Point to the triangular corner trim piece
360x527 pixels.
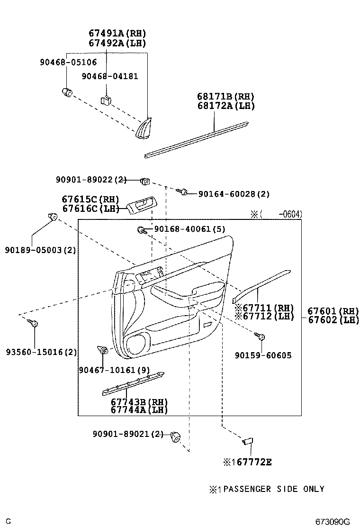pos(144,129)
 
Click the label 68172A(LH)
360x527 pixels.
pos(226,106)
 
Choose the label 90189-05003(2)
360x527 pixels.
pos(41,250)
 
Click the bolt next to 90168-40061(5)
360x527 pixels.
pos(141,230)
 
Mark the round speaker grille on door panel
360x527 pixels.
pos(138,343)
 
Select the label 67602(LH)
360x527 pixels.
pos(333,320)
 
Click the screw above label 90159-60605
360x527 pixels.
pos(260,337)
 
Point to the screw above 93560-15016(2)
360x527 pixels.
pos(34,323)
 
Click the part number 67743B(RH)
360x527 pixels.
pos(139,402)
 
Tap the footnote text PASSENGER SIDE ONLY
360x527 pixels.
pos(273,489)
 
